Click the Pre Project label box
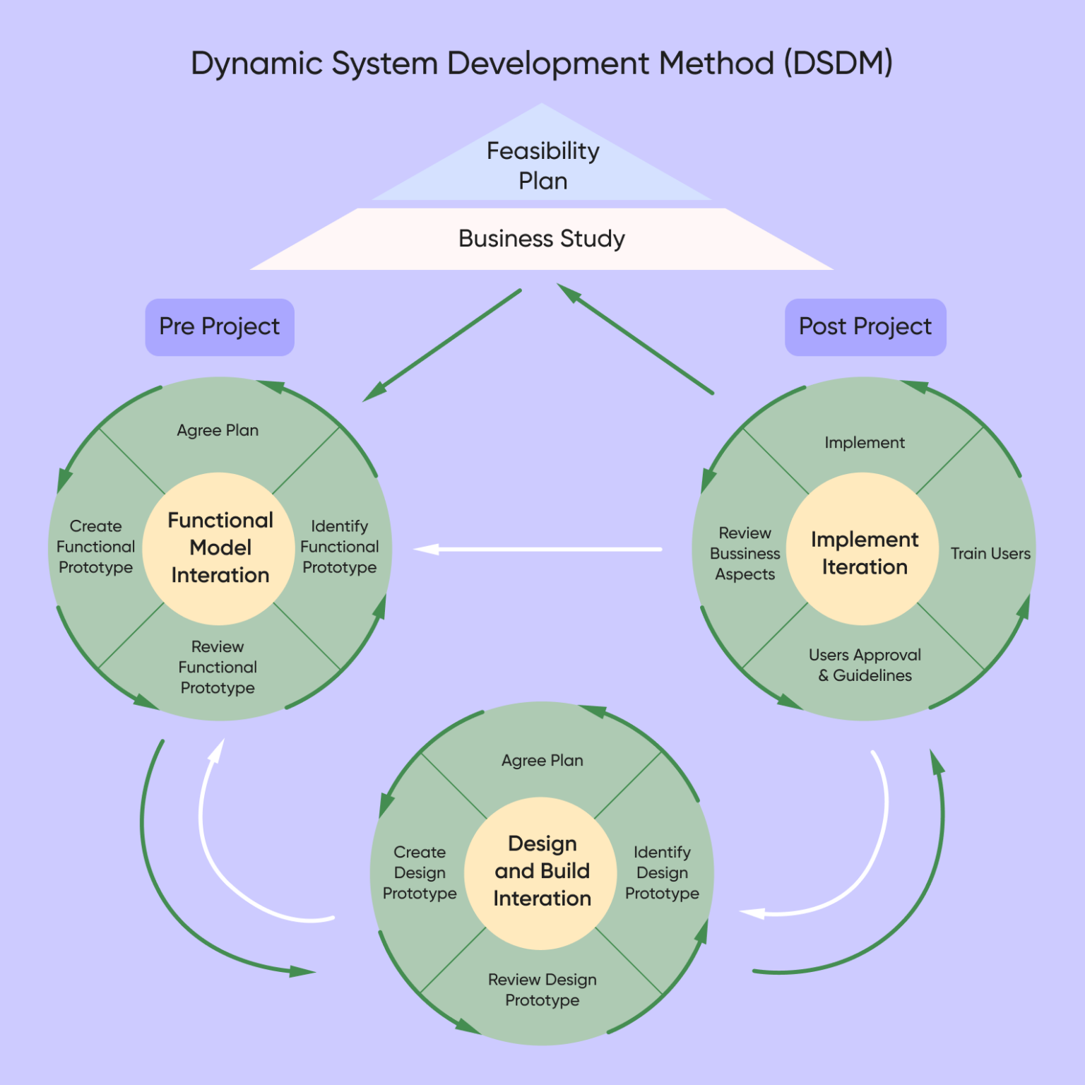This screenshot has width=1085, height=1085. tap(220, 327)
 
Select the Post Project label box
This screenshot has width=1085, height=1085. tap(865, 327)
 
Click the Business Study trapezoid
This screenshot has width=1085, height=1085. tap(542, 239)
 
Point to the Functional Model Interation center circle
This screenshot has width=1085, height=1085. tap(220, 548)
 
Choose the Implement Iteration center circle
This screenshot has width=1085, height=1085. tap(864, 553)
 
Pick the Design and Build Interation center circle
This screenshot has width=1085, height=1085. tap(542, 871)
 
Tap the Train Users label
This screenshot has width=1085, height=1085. tap(990, 554)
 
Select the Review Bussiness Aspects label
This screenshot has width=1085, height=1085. tap(745, 554)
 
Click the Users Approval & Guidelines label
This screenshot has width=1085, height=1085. tap(865, 665)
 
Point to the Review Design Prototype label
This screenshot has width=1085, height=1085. tap(542, 990)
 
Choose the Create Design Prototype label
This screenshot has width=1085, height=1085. tap(420, 872)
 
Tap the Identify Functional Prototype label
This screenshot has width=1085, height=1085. tap(339, 547)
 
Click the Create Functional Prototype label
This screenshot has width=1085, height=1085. tap(95, 547)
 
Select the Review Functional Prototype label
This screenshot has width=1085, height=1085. tap(218, 667)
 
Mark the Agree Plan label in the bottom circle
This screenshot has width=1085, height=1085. tap(542, 761)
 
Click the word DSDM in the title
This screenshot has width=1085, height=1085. tap(838, 64)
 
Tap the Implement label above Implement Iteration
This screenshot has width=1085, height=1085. tap(865, 443)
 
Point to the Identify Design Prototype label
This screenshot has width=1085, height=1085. tap(662, 872)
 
